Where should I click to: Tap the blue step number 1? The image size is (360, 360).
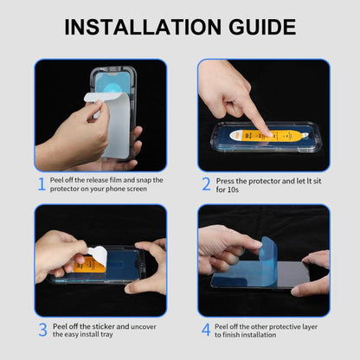click(41, 183)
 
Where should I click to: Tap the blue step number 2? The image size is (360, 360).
click(206, 183)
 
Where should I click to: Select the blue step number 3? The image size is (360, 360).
click(41, 330)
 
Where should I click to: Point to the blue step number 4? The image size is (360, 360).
click(206, 330)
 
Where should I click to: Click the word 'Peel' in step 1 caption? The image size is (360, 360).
click(58, 179)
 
